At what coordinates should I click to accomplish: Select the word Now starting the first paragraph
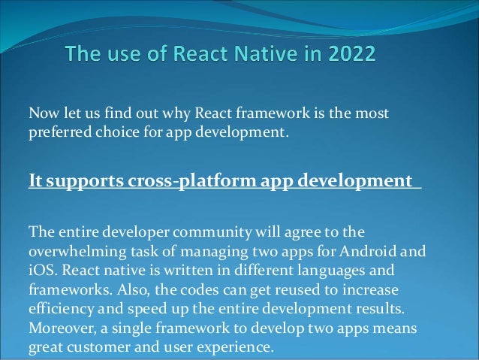(41, 113)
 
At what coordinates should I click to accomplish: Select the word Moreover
(59, 328)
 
